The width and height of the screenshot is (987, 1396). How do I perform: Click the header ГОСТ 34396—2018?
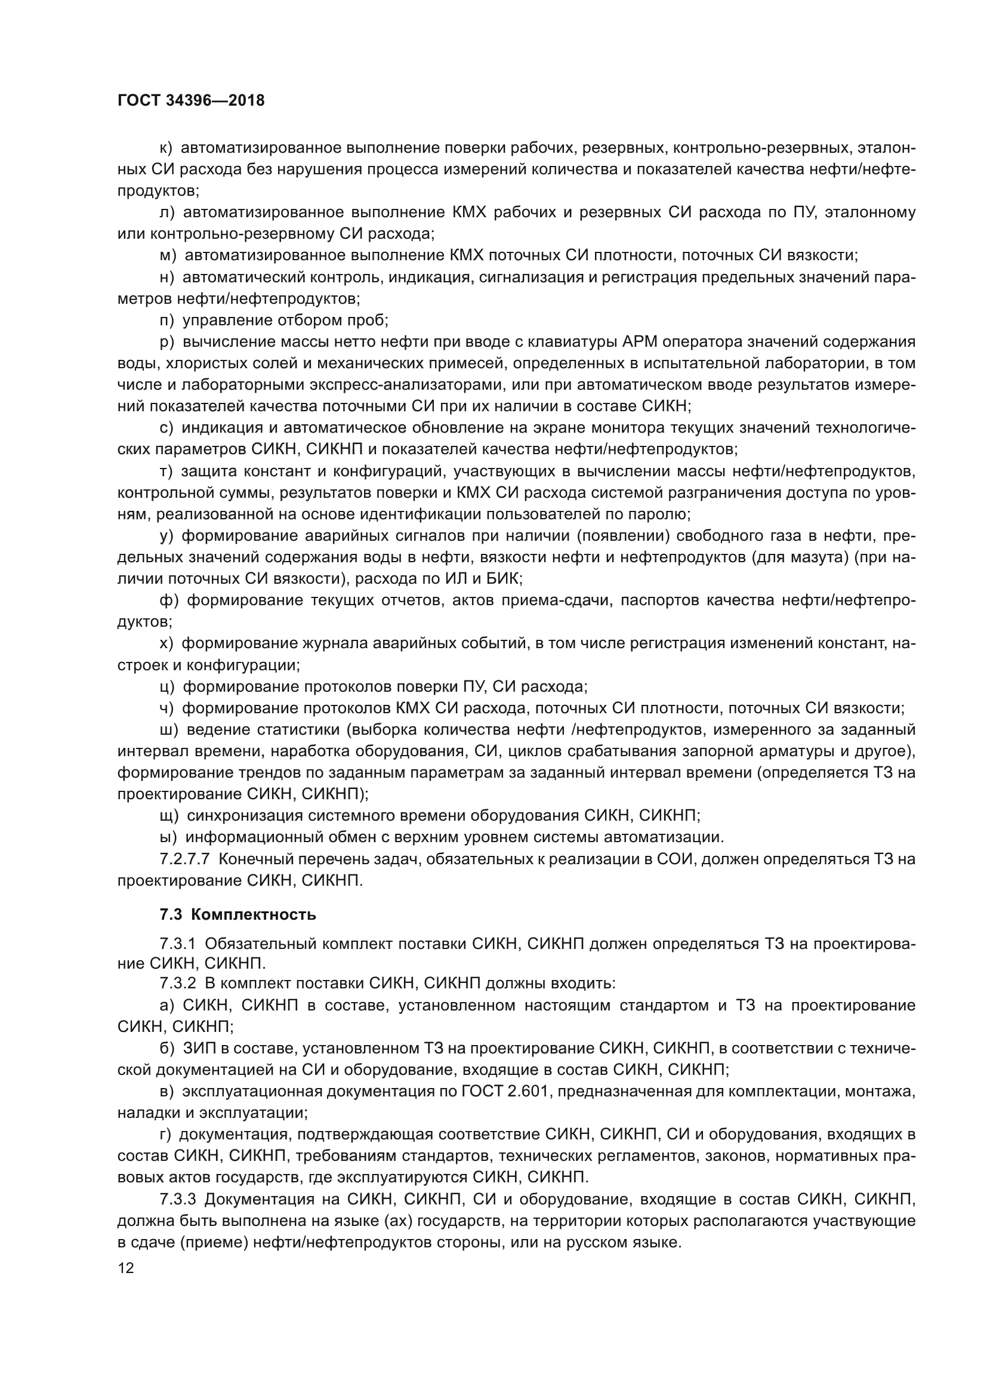coord(191,100)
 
